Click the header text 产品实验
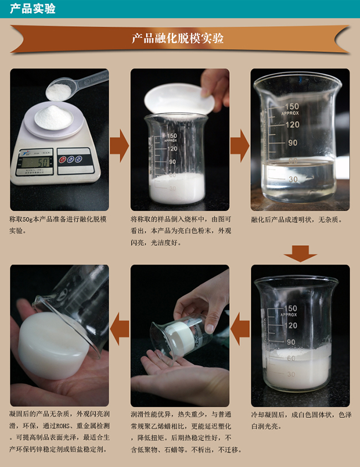[33, 9]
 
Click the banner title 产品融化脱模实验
[178, 39]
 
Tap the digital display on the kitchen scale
[35, 162]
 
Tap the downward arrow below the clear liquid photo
[300, 253]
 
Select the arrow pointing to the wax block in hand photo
[119, 331]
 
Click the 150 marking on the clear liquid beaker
[292, 106]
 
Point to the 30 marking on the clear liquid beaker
[293, 179]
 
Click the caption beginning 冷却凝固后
[300, 420]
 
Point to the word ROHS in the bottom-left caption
[67, 426]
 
